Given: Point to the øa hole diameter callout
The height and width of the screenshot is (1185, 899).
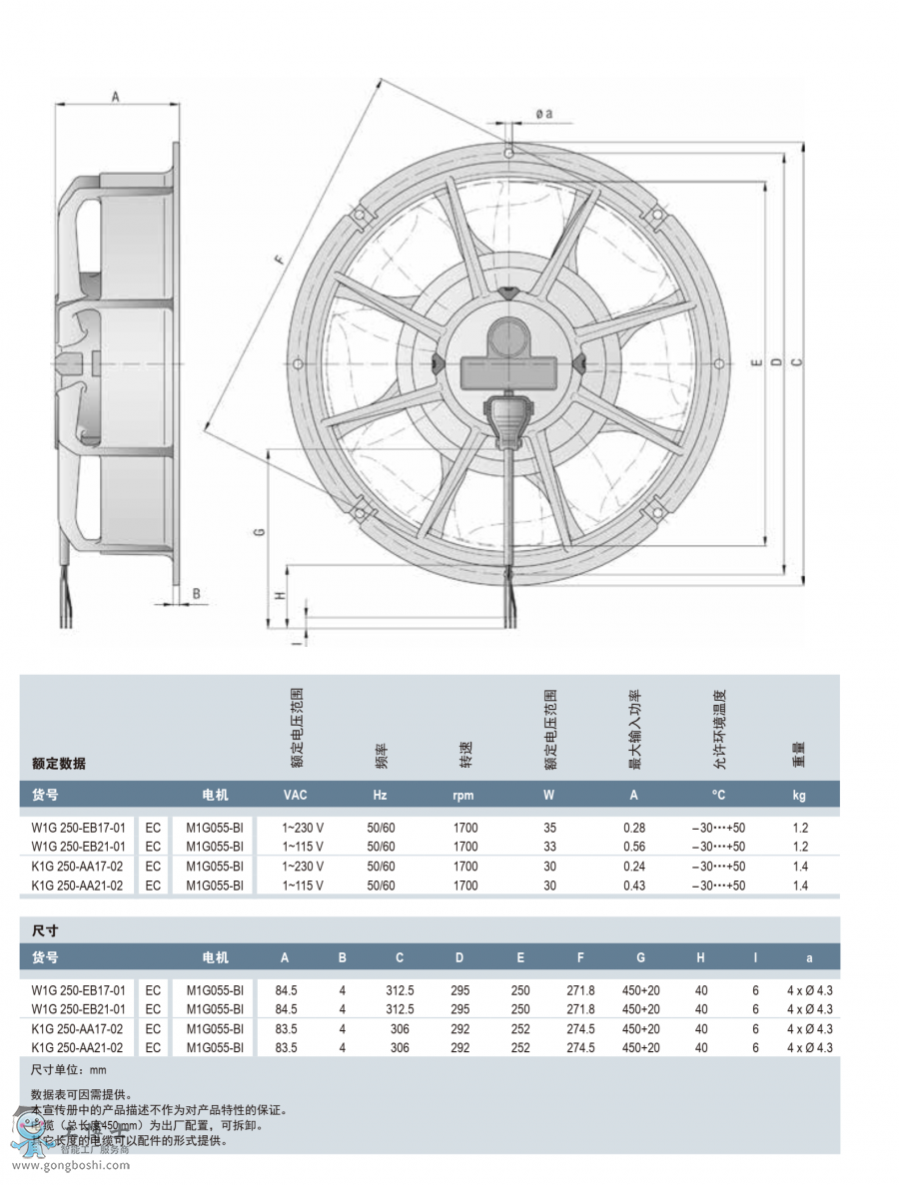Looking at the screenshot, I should click(543, 114).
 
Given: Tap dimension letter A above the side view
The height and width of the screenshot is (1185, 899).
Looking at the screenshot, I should click(115, 97).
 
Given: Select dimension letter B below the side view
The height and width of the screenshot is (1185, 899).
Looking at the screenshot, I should click(197, 593).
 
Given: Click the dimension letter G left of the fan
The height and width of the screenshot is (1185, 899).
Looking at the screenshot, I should click(259, 533).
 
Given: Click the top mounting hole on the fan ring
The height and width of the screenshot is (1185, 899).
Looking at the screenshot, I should click(509, 154).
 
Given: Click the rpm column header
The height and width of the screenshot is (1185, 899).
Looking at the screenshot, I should click(464, 795).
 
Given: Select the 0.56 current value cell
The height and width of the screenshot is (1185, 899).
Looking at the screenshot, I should click(634, 847).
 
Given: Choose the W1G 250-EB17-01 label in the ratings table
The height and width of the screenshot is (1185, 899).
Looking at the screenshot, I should click(79, 828).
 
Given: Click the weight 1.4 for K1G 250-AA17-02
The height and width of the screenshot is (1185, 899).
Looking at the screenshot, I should click(800, 867).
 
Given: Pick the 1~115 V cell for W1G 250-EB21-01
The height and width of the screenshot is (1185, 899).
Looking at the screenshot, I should click(303, 847).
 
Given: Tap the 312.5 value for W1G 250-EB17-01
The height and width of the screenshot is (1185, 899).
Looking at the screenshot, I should click(400, 990).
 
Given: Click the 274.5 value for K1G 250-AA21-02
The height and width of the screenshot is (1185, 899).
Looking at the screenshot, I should click(580, 1048).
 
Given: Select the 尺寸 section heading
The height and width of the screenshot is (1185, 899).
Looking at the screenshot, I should click(45, 930).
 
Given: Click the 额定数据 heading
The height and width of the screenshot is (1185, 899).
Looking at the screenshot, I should click(59, 764).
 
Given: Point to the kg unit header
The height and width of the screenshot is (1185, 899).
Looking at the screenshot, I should click(799, 795).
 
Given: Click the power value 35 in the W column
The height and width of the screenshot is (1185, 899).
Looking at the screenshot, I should click(549, 828).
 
